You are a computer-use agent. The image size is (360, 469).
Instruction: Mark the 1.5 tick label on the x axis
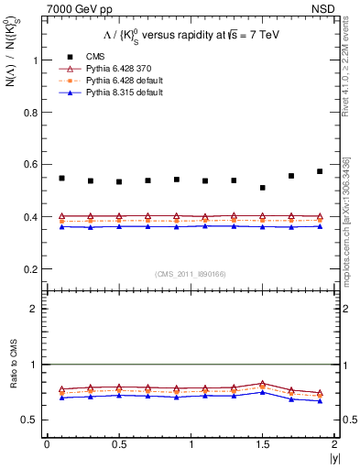263,443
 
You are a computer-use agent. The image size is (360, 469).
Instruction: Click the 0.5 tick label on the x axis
119,443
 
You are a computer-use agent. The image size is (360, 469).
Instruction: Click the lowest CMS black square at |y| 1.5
263,188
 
